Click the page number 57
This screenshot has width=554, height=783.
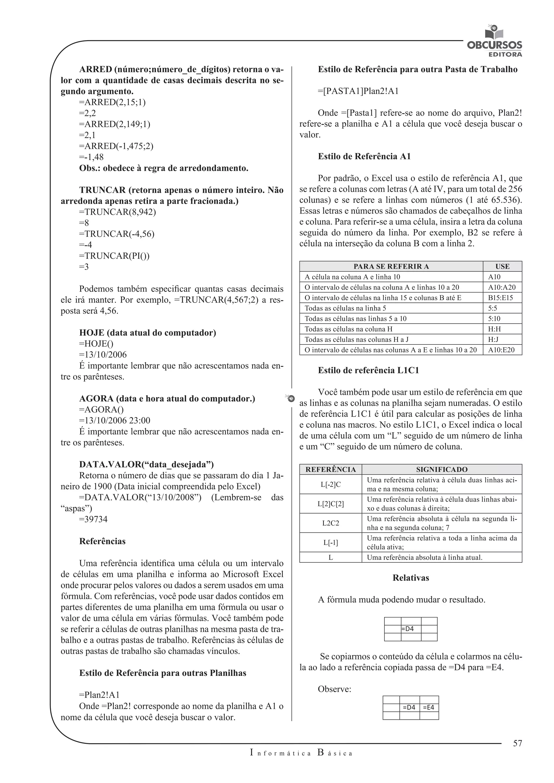pyautogui.click(x=517, y=743)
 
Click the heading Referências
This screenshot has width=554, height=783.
pyautogui.click(x=102, y=541)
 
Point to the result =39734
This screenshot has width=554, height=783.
pyautogui.click(x=93, y=519)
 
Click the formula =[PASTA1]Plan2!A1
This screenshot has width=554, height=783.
pyautogui.click(x=358, y=91)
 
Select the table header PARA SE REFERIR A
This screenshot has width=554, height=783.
pyautogui.click(x=391, y=267)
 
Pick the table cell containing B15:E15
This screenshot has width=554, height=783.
pyautogui.click(x=500, y=298)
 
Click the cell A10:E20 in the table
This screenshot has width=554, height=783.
pyautogui.click(x=501, y=350)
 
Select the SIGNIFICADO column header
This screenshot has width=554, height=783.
pyautogui.click(x=441, y=470)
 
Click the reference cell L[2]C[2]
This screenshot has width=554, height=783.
pyautogui.click(x=330, y=504)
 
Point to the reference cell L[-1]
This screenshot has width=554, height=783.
pyautogui.click(x=330, y=543)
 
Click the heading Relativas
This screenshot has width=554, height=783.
pyautogui.click(x=410, y=578)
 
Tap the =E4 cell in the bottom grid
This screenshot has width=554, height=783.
pyautogui.click(x=428, y=707)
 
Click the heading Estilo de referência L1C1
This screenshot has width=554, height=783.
pyautogui.click(x=368, y=370)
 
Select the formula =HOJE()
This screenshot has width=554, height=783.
pyautogui.click(x=96, y=344)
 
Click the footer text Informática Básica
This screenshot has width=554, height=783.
pyautogui.click(x=301, y=753)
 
